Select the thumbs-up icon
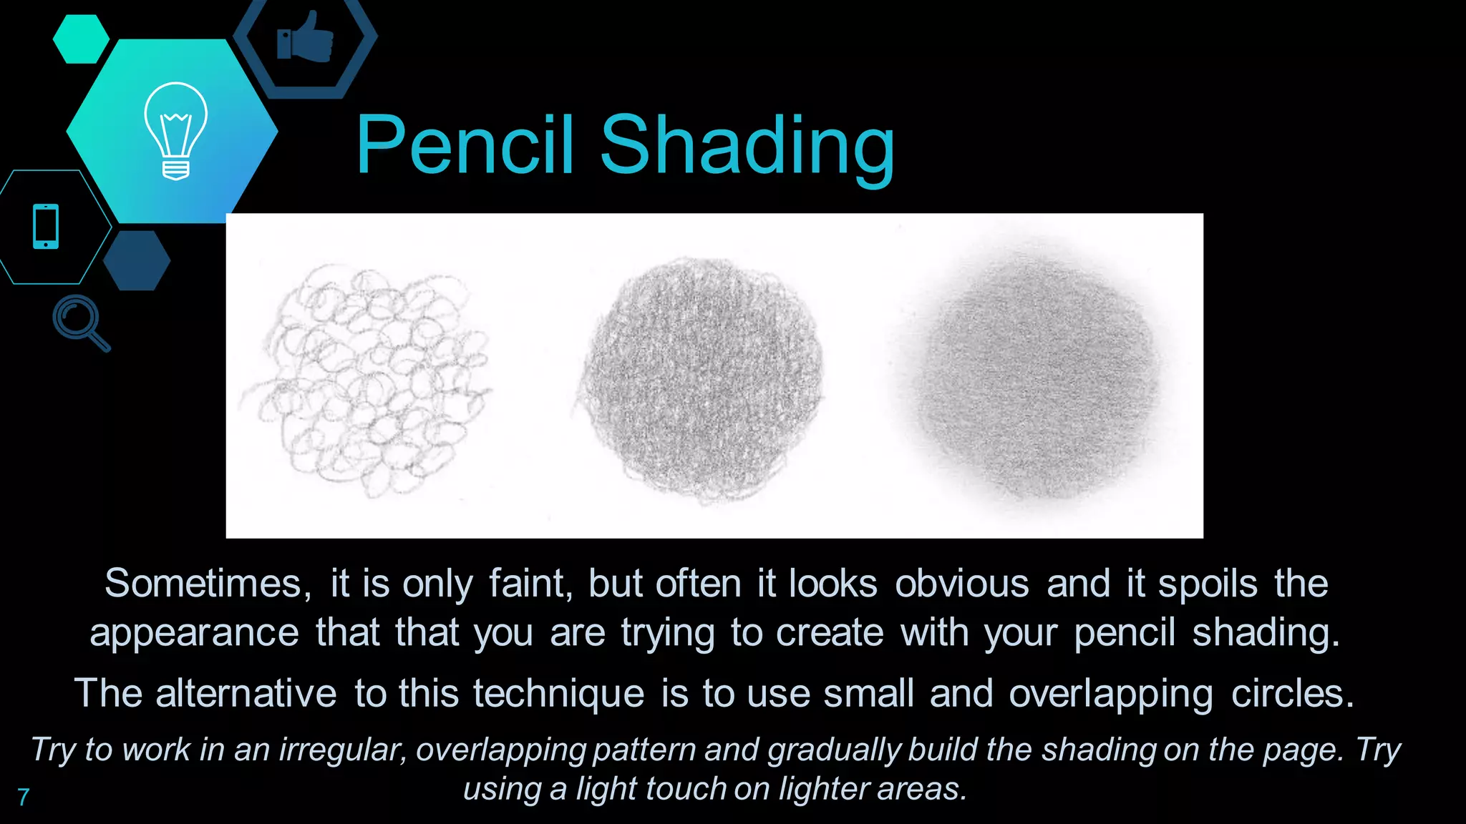306,37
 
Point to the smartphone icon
46,227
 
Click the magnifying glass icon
80,322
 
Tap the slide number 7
24,797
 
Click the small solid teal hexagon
81,39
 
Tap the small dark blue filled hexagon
137,260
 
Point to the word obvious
961,584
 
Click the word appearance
194,633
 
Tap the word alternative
246,694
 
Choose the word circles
1293,694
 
